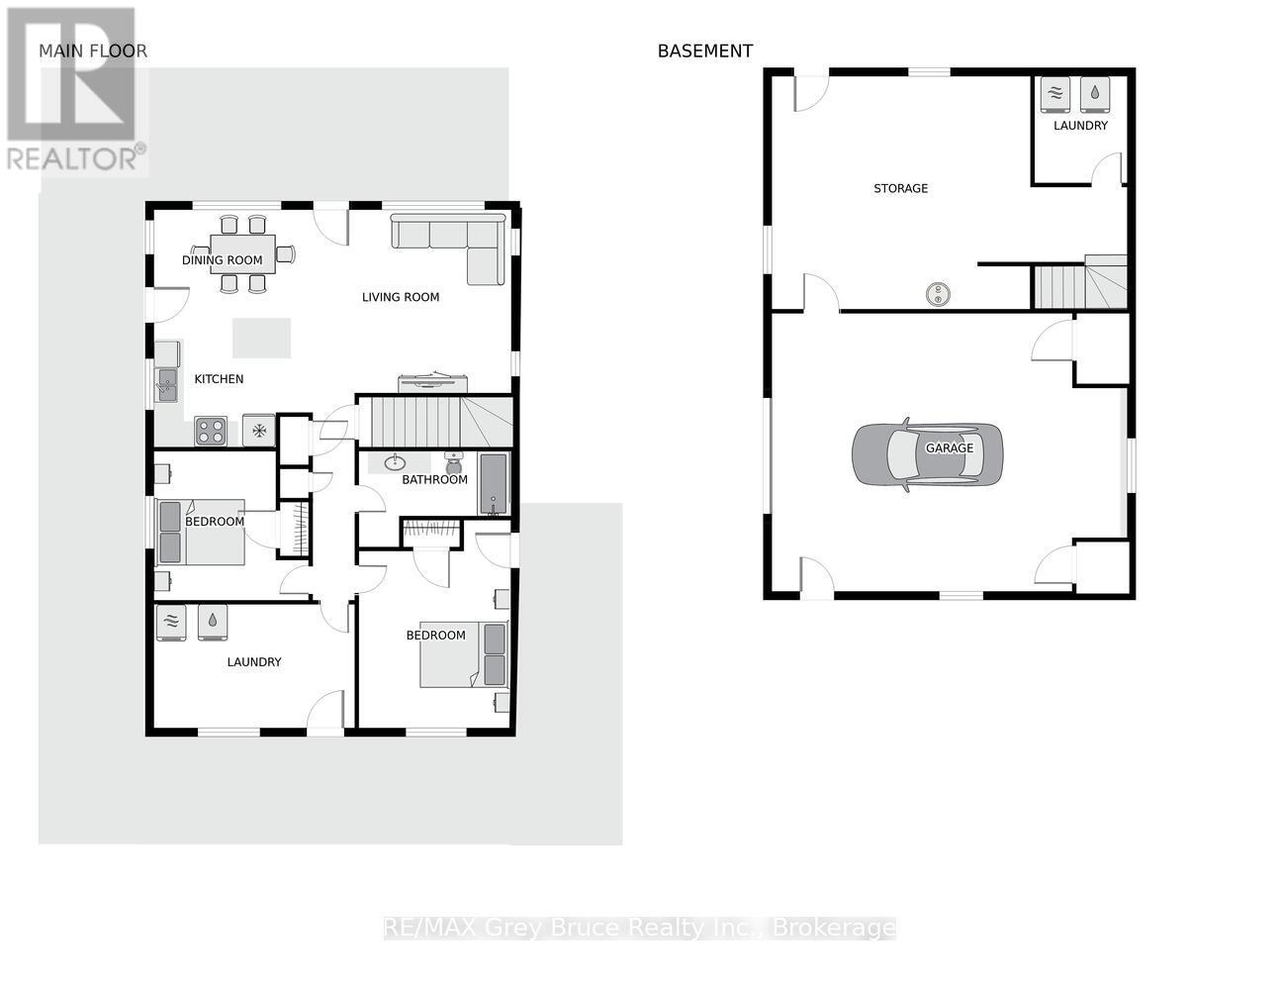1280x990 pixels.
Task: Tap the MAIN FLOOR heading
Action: tap(93, 51)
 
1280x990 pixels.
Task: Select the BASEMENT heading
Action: tap(705, 51)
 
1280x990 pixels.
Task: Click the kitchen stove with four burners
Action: tap(211, 431)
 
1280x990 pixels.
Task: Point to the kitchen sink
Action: tap(167, 385)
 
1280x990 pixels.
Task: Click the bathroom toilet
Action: tap(454, 463)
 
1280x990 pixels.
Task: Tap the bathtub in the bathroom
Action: tap(494, 484)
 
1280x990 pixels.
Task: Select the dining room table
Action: tap(242, 254)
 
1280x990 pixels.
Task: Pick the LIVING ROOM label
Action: tap(401, 297)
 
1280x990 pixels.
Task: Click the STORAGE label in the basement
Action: tap(901, 188)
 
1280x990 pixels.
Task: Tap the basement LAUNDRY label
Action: tap(1080, 126)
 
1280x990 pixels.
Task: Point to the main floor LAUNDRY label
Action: tap(254, 662)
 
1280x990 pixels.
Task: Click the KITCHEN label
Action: tap(220, 379)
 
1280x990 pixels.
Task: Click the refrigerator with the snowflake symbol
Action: tap(258, 431)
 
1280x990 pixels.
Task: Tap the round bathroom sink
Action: tap(395, 463)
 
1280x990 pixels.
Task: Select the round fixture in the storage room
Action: tap(937, 294)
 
